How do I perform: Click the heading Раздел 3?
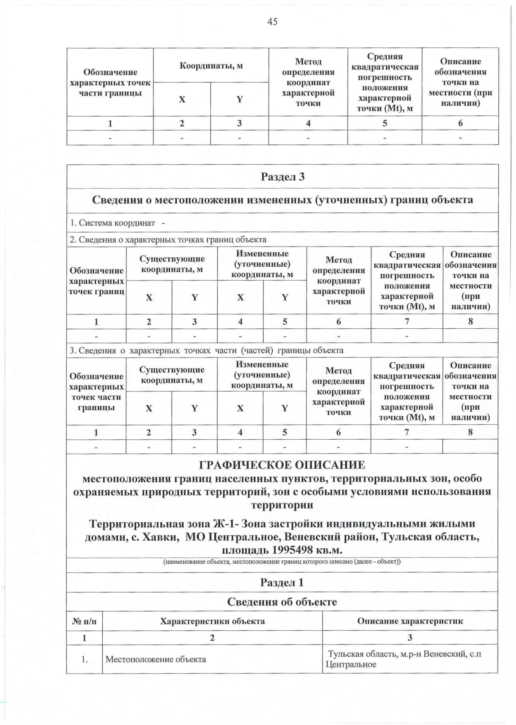point(283,177)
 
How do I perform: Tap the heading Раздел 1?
point(282,583)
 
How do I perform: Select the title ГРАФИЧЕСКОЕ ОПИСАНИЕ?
point(282,465)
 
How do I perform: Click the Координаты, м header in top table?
point(211,66)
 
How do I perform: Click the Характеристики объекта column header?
point(212,621)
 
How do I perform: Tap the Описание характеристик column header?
point(410,621)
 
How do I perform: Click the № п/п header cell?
point(84,621)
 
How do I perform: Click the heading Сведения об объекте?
point(282,602)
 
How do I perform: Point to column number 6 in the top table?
point(460,123)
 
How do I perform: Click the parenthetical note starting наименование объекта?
point(282,562)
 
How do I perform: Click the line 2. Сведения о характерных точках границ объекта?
point(168,240)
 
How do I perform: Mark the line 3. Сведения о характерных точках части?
point(206,350)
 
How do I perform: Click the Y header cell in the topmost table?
point(240,99)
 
